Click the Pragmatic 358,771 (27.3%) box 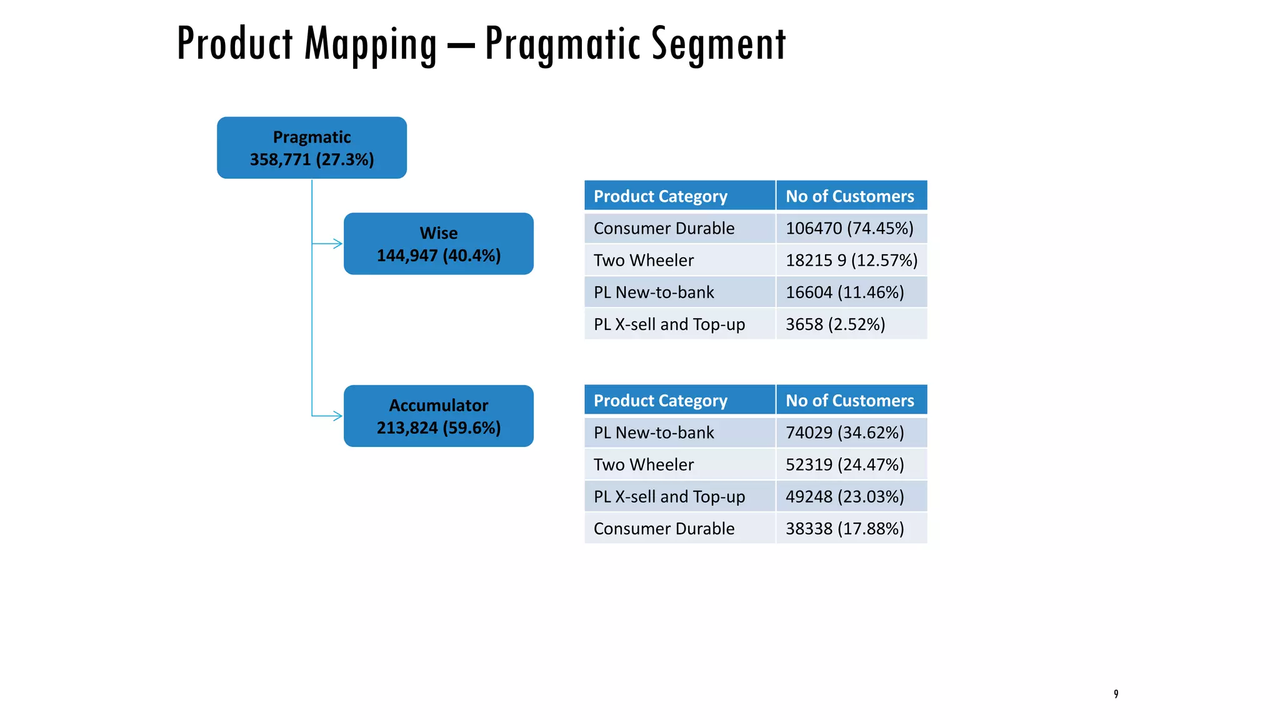point(311,148)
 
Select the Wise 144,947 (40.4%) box point(438,244)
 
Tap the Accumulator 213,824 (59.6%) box point(438,416)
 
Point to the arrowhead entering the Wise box point(337,244)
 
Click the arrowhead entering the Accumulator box point(337,416)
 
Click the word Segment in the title point(718,44)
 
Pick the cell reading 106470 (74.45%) point(849,228)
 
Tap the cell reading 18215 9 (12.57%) point(851,260)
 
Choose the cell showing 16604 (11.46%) point(844,292)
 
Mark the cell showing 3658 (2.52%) point(835,324)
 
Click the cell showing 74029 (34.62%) point(844,432)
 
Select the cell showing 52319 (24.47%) point(844,464)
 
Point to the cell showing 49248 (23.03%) point(844,496)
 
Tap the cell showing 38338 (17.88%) point(844,529)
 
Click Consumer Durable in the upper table point(664,228)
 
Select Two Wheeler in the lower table point(644,464)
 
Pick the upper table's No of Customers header point(849,196)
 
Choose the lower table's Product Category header point(661,401)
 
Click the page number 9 point(1116,694)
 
